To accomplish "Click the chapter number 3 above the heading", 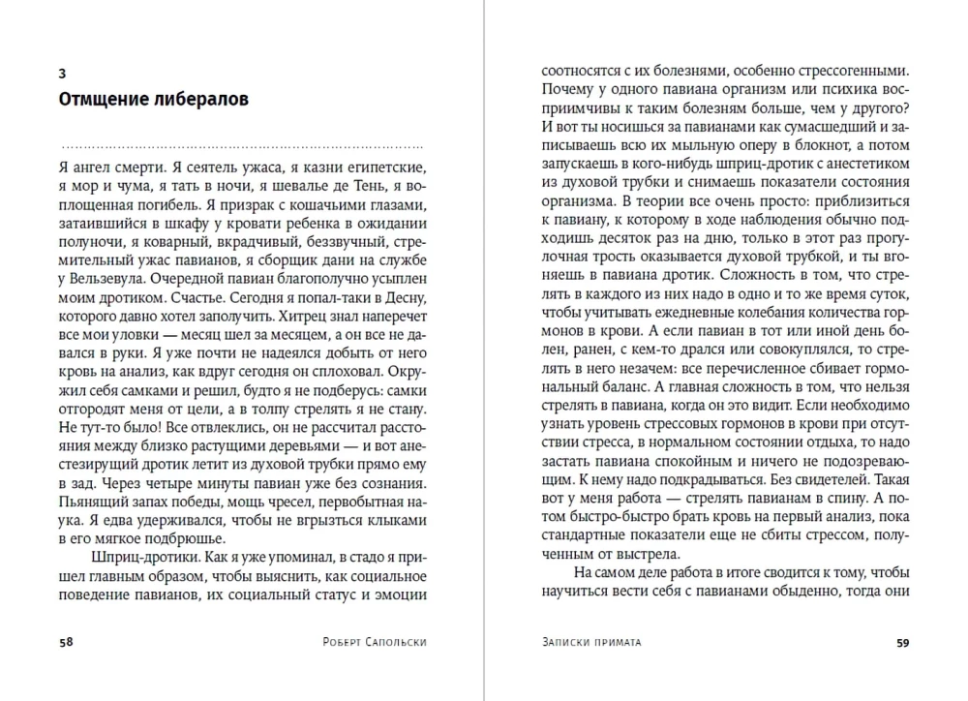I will pos(62,74).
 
